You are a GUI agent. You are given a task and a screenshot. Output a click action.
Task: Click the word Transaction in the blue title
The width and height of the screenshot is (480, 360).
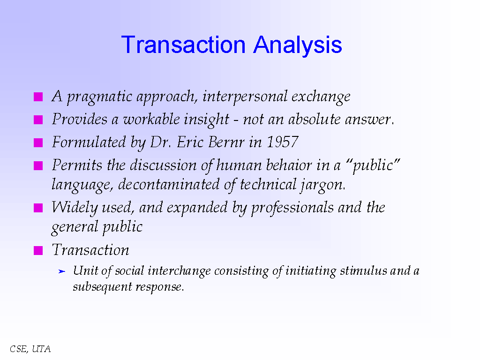[x=183, y=45]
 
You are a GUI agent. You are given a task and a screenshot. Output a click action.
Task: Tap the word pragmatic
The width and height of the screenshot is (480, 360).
[x=100, y=97]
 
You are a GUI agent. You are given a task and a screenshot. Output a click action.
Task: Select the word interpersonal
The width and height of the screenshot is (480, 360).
[x=245, y=97]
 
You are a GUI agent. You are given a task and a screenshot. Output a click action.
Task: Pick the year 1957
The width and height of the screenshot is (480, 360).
[x=283, y=142]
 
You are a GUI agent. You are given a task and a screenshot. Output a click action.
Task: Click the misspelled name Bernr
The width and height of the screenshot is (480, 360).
[x=226, y=142]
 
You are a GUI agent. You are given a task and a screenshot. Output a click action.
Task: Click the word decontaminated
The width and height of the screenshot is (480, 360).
[x=169, y=184]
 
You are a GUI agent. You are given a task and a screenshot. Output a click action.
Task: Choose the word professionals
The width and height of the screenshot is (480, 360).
[x=292, y=208]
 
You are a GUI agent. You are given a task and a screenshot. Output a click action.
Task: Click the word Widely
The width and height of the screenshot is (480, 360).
[x=75, y=208]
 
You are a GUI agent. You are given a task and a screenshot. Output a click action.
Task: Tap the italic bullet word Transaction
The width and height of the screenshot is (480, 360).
[x=90, y=250]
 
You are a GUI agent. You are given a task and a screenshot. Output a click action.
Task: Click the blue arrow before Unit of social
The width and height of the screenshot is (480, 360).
[x=62, y=271]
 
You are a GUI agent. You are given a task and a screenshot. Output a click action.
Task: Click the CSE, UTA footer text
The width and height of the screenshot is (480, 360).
[x=30, y=349]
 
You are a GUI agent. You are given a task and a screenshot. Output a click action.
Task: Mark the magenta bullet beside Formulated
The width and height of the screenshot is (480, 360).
[x=38, y=142]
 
